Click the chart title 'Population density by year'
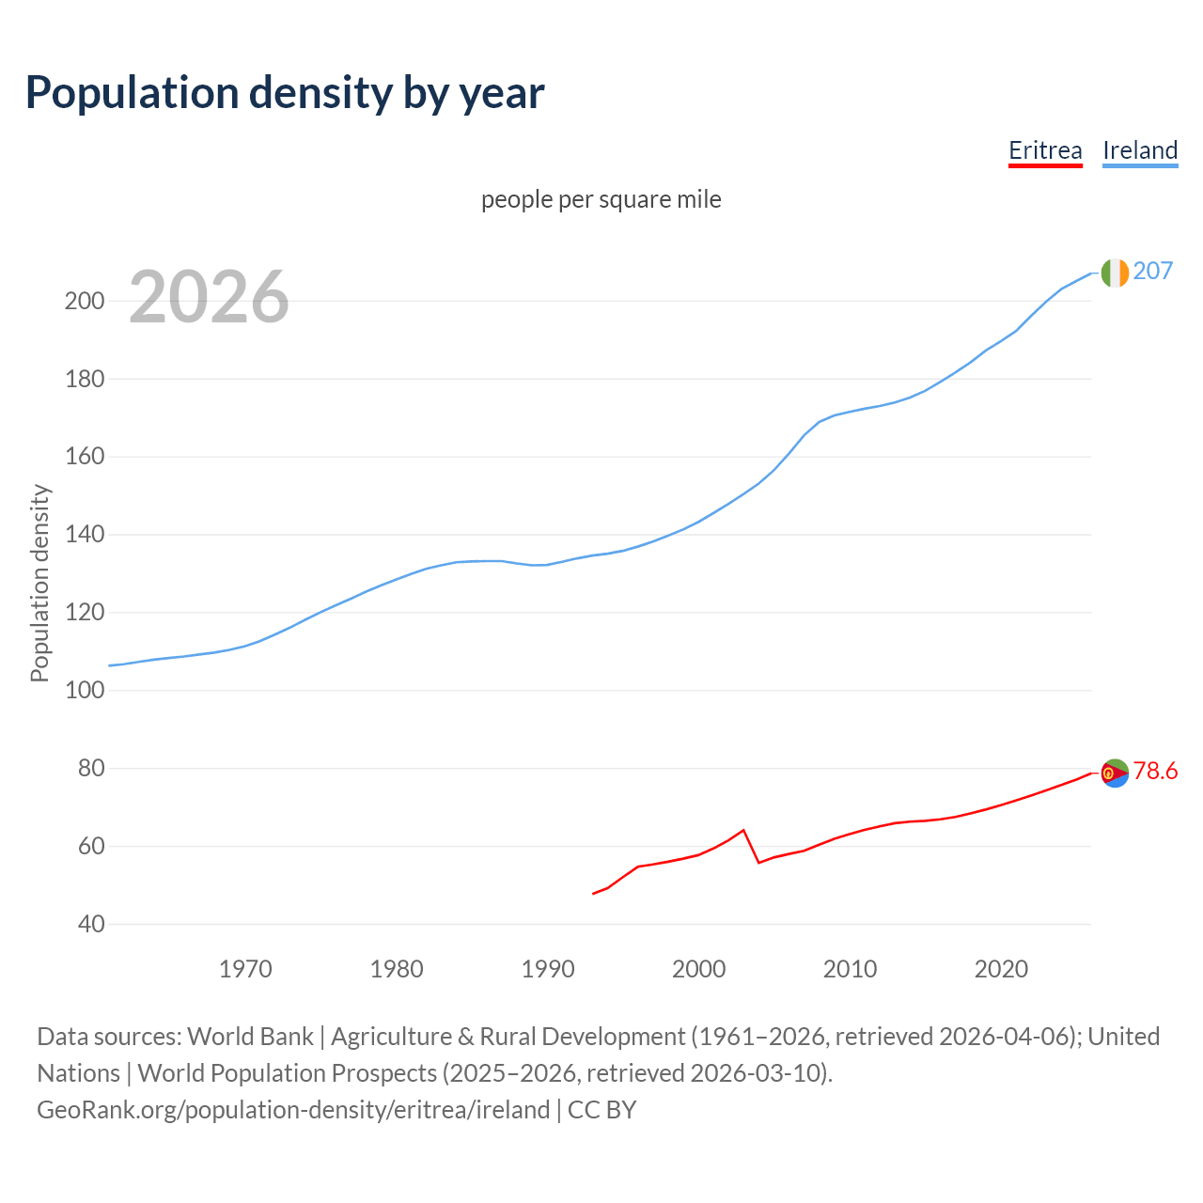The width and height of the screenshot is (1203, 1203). [x=285, y=92]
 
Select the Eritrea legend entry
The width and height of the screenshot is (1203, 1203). [x=1045, y=150]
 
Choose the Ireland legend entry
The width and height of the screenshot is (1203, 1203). [x=1140, y=150]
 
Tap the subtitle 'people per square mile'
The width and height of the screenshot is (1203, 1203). [x=601, y=199]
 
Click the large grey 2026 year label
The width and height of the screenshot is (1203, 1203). [x=209, y=297]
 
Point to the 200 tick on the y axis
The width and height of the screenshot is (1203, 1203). [x=84, y=302]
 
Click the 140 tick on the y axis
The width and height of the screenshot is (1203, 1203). [x=84, y=535]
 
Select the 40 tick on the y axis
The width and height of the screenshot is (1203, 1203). [x=91, y=924]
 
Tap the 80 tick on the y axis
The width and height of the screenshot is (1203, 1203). [x=91, y=769]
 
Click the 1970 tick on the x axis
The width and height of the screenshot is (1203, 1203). [x=245, y=969]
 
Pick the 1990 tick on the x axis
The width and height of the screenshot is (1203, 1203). [x=548, y=969]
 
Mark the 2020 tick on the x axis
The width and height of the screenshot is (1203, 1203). [x=1001, y=969]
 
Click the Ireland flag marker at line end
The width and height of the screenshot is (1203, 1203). [x=1115, y=273]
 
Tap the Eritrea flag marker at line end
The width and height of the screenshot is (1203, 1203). [x=1115, y=773]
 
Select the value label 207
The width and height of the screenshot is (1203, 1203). [x=1153, y=271]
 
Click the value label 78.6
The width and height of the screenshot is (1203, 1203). [x=1155, y=771]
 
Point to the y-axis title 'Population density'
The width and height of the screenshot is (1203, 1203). [x=39, y=583]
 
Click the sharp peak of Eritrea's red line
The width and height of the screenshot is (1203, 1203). [x=743, y=830]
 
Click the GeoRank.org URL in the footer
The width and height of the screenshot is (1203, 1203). [x=293, y=1109]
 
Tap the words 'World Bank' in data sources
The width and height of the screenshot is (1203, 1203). [x=250, y=1036]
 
